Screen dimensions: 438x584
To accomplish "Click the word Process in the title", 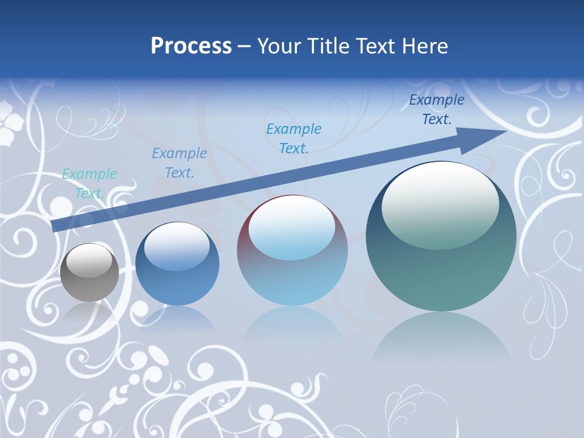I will tap(191, 46).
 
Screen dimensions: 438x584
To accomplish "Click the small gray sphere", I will tap(89, 273).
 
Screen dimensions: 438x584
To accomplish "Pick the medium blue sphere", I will tap(177, 264).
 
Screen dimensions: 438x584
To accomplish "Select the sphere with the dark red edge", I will tap(292, 251).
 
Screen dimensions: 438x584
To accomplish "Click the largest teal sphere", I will tap(441, 237).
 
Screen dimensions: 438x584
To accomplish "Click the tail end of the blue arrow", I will tap(56, 226).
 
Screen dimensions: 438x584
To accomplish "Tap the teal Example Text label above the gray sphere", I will tap(89, 184).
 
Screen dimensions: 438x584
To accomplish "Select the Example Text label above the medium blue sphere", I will tap(179, 163).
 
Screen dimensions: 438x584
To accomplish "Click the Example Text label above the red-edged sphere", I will tap(294, 139).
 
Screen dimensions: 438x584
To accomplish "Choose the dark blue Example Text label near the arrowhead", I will tap(437, 109).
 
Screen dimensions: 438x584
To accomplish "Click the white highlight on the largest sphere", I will tap(440, 204).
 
